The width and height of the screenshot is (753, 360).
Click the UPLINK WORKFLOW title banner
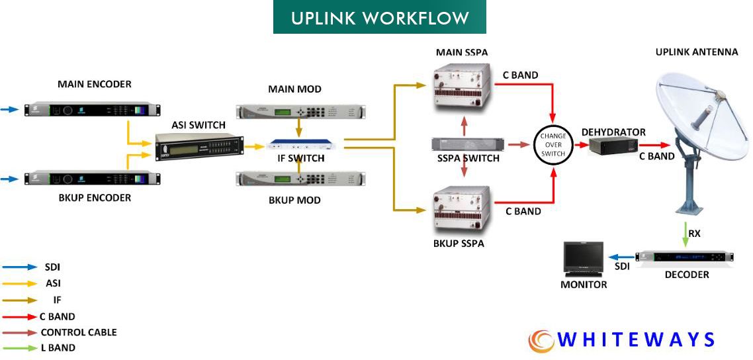coord(379,17)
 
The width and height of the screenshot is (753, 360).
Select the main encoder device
coord(93,108)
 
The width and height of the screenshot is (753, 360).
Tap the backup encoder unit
coord(93,179)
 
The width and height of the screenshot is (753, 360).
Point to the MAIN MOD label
coord(294,89)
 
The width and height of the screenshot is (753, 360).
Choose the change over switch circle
coord(553,145)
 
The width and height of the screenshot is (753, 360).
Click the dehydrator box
coord(612,145)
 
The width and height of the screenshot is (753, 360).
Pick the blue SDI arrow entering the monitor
coord(619,258)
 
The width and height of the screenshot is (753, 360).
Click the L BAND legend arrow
coord(20,347)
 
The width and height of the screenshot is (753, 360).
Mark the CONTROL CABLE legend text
coord(78,332)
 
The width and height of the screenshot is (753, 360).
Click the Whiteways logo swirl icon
coord(541,341)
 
